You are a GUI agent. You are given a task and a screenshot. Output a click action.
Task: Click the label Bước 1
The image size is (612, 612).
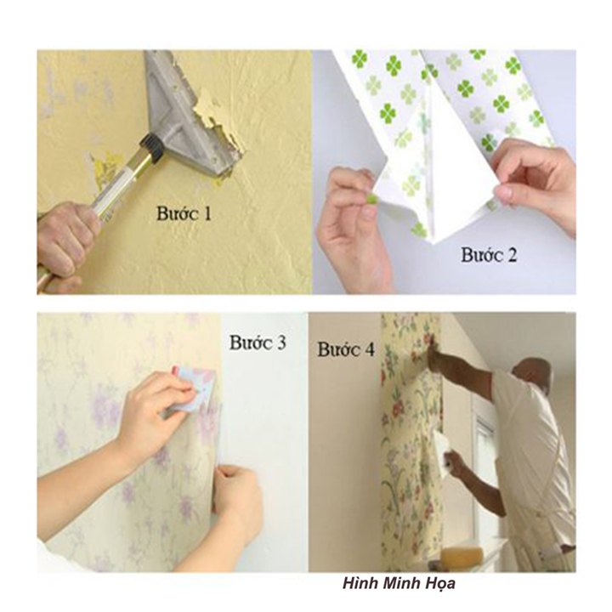point(184,212)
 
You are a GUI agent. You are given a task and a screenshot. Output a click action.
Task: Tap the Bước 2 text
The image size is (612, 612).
point(490,253)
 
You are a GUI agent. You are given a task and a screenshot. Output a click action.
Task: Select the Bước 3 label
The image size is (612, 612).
point(258,343)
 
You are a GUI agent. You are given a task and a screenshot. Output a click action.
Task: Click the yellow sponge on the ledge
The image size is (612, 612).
point(462,556)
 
